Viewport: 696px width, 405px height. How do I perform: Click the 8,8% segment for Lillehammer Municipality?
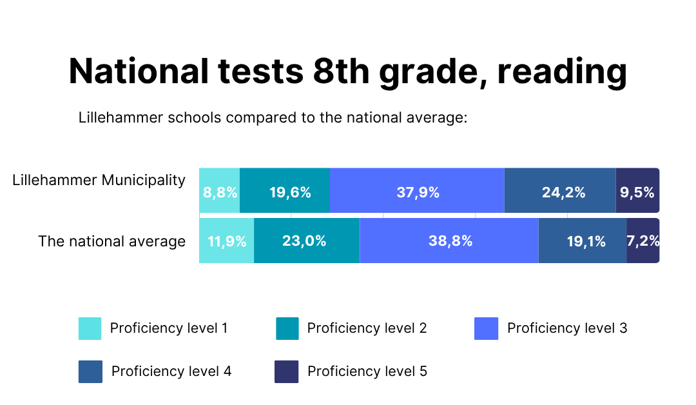pos(220,192)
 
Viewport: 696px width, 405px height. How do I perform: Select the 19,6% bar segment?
pos(285,192)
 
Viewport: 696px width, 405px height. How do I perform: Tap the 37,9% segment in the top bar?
pos(417,192)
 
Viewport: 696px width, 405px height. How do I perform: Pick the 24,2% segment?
pos(560,192)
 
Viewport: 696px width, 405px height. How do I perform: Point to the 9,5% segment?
pos(637,192)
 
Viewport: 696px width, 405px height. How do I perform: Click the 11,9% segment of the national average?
pos(227,241)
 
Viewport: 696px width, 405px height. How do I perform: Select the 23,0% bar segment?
pos(307,241)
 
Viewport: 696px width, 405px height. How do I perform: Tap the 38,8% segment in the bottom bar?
pos(449,241)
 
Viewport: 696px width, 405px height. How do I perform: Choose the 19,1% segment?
pos(583,241)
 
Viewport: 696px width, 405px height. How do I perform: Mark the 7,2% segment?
pos(643,241)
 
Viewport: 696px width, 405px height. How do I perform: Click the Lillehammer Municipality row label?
pos(99,181)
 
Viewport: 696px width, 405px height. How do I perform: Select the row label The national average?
pos(111,241)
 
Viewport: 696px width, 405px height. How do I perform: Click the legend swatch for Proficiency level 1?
pos(90,328)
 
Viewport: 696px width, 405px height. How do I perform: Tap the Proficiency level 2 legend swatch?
pos(287,328)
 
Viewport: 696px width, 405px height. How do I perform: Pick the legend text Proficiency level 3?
pos(567,328)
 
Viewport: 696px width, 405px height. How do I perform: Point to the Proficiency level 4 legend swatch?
pos(90,371)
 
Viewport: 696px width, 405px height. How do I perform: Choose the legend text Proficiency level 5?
pos(367,371)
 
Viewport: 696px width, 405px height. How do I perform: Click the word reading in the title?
pos(562,72)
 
